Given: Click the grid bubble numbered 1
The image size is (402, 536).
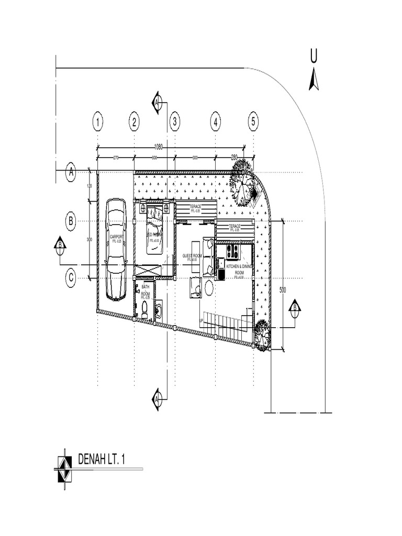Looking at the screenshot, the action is (97, 122).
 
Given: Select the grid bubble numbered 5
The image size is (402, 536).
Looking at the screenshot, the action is (253, 122).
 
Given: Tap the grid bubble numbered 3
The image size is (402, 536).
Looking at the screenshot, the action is (175, 122).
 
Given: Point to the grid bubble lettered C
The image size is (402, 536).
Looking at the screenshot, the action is (71, 279).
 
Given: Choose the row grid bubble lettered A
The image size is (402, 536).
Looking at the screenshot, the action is (71, 172).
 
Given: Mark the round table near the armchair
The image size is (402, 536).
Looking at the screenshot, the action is (209, 287).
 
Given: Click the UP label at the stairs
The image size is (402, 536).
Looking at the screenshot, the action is (202, 320).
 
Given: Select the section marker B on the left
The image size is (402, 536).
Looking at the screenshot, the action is (60, 245).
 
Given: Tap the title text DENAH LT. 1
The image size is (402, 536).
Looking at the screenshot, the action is (102, 460).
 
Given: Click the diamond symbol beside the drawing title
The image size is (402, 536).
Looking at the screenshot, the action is (64, 464).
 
